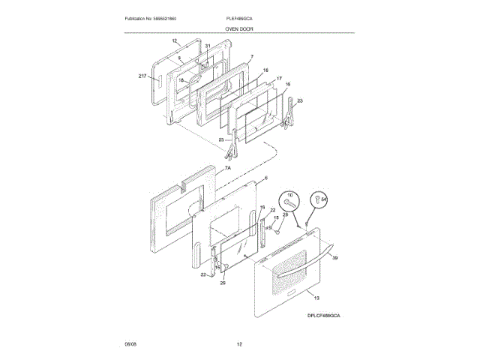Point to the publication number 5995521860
[155, 17]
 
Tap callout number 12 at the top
[174, 40]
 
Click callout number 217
[143, 76]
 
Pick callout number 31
[208, 46]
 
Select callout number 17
[277, 78]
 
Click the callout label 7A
[228, 170]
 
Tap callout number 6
[265, 179]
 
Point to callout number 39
[334, 257]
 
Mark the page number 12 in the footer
[240, 344]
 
